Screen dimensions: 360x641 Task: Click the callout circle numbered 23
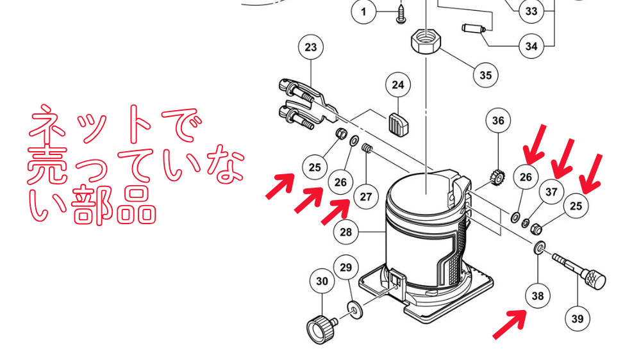click(311, 47)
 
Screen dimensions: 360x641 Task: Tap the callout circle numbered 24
click(398, 85)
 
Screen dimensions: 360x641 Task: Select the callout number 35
click(485, 75)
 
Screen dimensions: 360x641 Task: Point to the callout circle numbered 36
click(498, 120)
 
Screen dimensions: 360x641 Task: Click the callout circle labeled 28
click(346, 232)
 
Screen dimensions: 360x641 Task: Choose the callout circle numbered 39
click(578, 319)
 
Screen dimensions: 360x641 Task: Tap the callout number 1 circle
click(364, 12)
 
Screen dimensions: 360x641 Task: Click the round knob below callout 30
click(320, 329)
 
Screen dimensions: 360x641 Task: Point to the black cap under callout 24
click(398, 124)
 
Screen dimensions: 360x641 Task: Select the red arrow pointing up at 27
click(335, 211)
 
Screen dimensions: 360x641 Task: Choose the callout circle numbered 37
click(551, 192)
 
